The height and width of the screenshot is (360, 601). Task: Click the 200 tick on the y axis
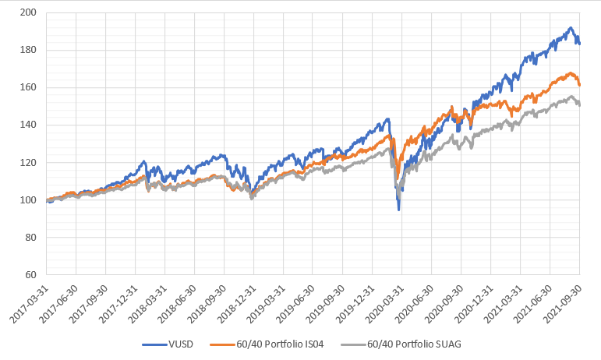(x=30, y=12)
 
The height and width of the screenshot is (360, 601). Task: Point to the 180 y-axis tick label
(x=30, y=50)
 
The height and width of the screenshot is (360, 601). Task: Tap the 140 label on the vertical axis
(x=30, y=125)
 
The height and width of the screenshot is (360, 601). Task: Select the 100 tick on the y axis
(x=30, y=199)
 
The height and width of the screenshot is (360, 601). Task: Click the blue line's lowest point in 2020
(x=399, y=210)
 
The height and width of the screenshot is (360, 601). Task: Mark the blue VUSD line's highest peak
(x=571, y=28)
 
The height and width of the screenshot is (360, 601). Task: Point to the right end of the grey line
(x=579, y=105)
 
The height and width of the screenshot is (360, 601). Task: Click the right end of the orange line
(x=579, y=84)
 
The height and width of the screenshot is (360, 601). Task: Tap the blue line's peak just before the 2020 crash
(x=387, y=119)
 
